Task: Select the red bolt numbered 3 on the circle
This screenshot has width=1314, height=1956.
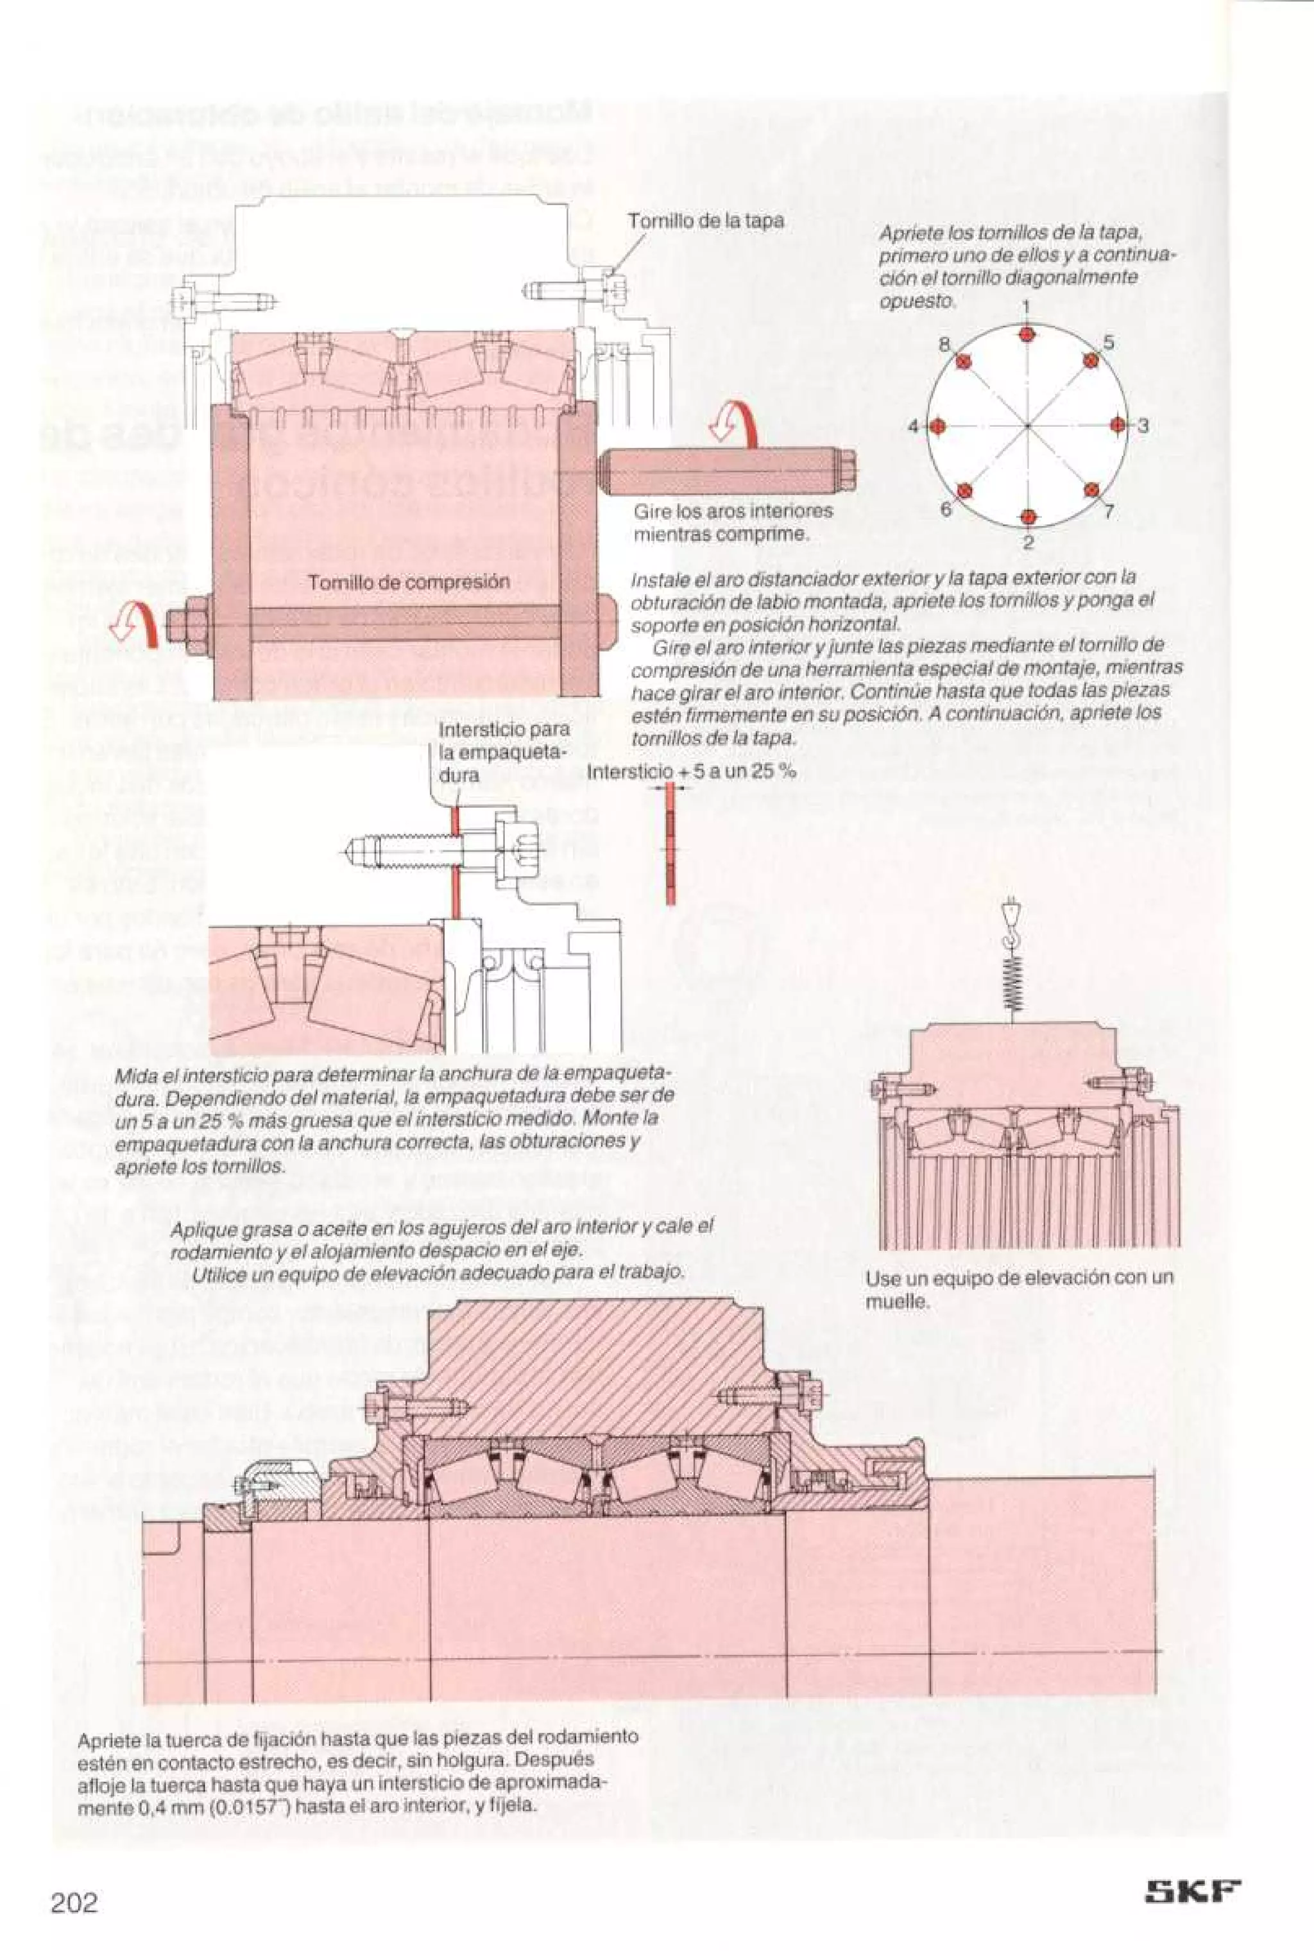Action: tap(1117, 425)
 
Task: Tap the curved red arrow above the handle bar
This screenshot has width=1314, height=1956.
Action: tap(735, 422)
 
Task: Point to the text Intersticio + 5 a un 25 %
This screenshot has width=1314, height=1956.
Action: tap(692, 771)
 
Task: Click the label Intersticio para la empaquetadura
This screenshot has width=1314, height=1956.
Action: tap(503, 751)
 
